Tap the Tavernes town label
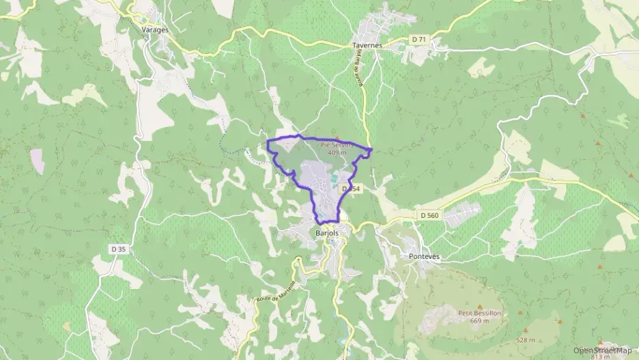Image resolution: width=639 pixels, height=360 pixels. coord(367,44)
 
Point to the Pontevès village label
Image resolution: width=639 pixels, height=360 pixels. coord(424,255)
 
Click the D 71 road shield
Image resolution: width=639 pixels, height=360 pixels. coord(418,40)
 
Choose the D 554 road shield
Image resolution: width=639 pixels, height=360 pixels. coord(350,188)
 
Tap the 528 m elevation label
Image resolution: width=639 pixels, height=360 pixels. coord(524,340)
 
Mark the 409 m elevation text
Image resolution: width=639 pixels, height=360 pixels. coord(337,152)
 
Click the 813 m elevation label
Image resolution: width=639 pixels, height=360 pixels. coord(601,357)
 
